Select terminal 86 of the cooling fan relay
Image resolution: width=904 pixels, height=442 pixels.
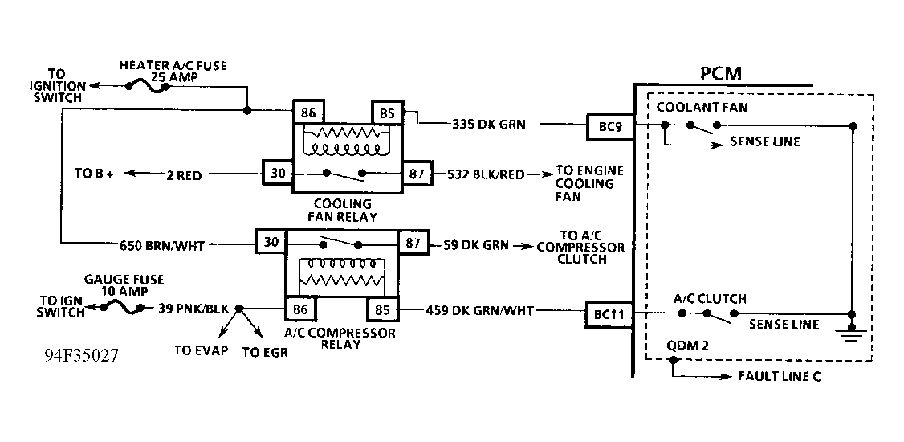(308, 113)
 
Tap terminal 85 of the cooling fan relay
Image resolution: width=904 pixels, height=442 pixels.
(387, 113)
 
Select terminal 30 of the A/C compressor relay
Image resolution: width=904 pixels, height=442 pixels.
(271, 242)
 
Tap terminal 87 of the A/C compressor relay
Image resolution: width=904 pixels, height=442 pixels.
(413, 243)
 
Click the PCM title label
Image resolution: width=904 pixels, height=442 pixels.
(719, 74)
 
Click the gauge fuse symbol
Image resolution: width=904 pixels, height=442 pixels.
(124, 307)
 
